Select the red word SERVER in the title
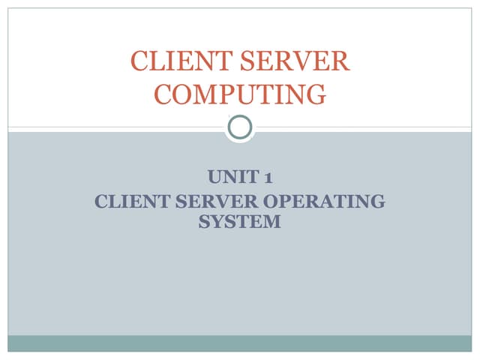(x=295, y=61)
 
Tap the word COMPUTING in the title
(x=240, y=94)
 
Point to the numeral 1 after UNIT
(x=268, y=177)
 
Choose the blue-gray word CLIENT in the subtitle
(x=132, y=202)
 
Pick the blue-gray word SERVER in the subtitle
(x=217, y=202)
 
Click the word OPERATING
(x=324, y=202)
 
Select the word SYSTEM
(x=240, y=222)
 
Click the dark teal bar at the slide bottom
(x=240, y=343)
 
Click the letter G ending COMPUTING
(x=316, y=94)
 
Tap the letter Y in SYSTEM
(x=217, y=222)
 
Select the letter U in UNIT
(x=215, y=177)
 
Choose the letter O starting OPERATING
(x=271, y=202)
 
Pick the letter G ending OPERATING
(x=377, y=202)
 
